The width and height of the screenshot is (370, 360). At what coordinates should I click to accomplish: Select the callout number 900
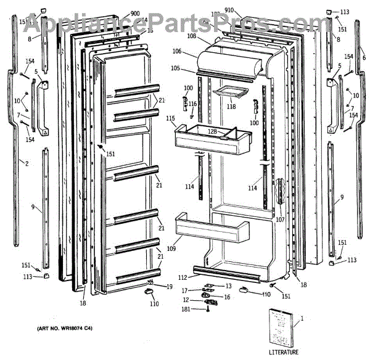click(x=135, y=14)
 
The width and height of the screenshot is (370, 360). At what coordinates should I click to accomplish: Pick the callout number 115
click(x=170, y=118)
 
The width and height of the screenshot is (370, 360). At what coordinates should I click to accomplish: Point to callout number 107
click(x=281, y=219)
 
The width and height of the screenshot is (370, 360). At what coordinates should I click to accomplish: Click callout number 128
click(x=212, y=132)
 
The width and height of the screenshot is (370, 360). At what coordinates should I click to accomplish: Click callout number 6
click(x=363, y=57)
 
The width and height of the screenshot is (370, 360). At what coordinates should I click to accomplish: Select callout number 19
click(x=170, y=287)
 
